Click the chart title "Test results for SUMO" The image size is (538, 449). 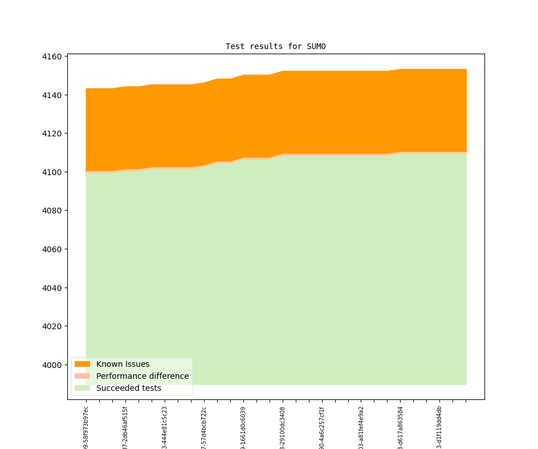pyautogui.click(x=275, y=46)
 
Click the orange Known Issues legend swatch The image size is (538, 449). pyautogui.click(x=82, y=364)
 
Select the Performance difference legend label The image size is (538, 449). pyautogui.click(x=142, y=376)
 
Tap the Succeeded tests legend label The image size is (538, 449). pyautogui.click(x=128, y=388)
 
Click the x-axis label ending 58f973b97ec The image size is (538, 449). pyautogui.click(x=86, y=427)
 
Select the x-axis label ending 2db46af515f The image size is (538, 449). pyautogui.click(x=125, y=427)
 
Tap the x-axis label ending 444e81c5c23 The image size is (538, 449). pyautogui.click(x=165, y=427)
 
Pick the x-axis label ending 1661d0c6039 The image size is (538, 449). pyautogui.click(x=243, y=427)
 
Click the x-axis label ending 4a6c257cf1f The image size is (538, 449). pyautogui.click(x=322, y=427)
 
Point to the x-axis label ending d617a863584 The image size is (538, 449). pyautogui.click(x=400, y=427)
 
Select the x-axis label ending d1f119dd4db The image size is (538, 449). pyautogui.click(x=439, y=427)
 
